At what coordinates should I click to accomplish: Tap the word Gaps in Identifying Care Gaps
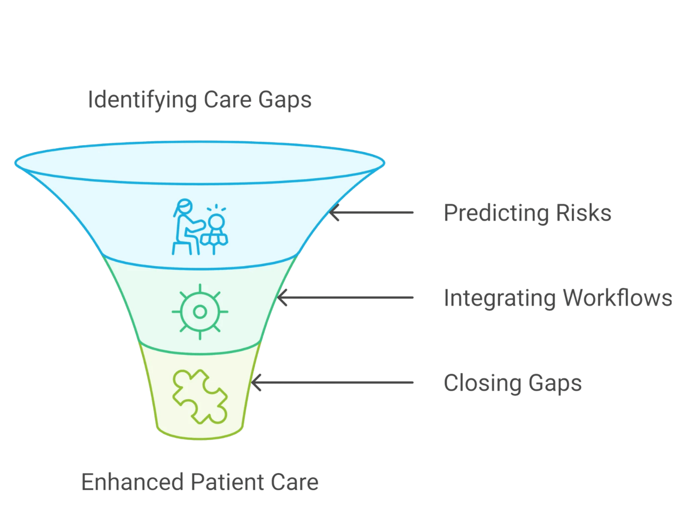[x=284, y=100]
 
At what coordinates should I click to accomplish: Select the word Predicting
[x=494, y=213]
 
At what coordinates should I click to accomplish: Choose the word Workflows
[x=617, y=298]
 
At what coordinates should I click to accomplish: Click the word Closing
[x=482, y=383]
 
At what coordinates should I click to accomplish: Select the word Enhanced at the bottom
[x=132, y=482]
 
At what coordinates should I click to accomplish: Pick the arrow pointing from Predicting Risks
[x=371, y=213]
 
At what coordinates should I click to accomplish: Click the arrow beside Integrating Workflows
[x=345, y=298]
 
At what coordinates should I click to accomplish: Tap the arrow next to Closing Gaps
[x=332, y=383]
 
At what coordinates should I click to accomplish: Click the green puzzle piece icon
[x=200, y=396]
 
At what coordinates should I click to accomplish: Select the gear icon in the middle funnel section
[x=200, y=311]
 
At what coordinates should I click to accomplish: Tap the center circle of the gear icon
[x=200, y=311]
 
